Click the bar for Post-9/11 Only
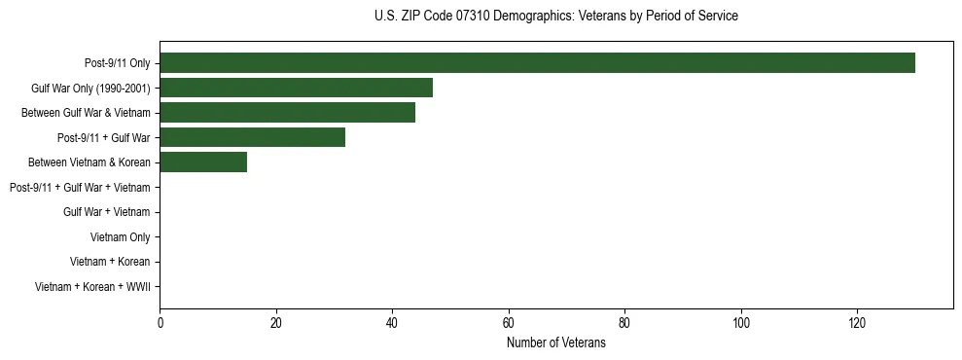click(x=537, y=62)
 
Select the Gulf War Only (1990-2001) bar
click(x=296, y=88)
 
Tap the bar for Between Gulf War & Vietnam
click(x=287, y=112)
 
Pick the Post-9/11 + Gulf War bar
click(x=252, y=137)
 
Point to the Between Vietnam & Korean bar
click(x=203, y=162)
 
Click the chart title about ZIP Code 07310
click(x=555, y=17)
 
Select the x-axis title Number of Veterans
click(x=555, y=342)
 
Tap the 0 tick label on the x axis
click(x=160, y=323)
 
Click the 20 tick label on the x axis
click(x=276, y=323)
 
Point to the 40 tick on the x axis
click(x=392, y=323)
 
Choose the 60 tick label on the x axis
click(x=509, y=323)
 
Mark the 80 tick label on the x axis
click(x=624, y=323)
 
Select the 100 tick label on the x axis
click(x=741, y=323)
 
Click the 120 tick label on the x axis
click(x=857, y=323)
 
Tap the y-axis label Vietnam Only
click(x=120, y=236)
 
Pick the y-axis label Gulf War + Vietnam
click(x=106, y=212)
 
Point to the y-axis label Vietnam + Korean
click(x=110, y=262)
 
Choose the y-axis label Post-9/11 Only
click(x=118, y=63)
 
